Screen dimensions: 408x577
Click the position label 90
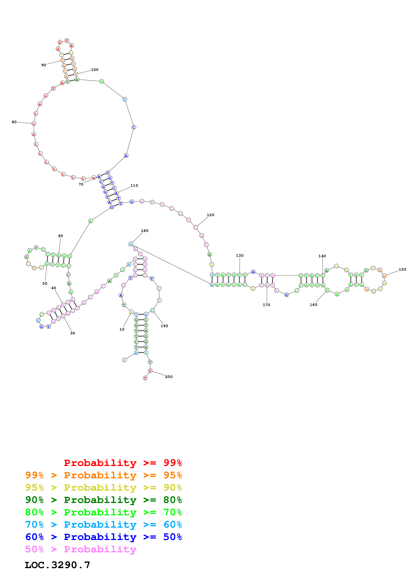[43, 65]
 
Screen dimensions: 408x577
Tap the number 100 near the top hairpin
[94, 70]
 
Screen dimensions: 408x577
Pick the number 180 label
[145, 231]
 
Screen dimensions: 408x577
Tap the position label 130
[240, 256]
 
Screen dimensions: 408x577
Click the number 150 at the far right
[402, 269]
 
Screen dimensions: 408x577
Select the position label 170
[266, 305]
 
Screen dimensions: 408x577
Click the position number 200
[169, 377]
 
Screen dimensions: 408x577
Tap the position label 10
[122, 329]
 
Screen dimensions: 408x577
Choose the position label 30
[72, 333]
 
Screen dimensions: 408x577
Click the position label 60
[61, 236]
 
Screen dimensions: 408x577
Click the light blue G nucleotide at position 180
[131, 244]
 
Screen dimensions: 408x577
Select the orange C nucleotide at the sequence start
[124, 360]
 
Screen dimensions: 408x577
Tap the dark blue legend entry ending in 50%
[103, 537]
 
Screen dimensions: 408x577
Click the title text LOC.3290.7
[57, 565]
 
